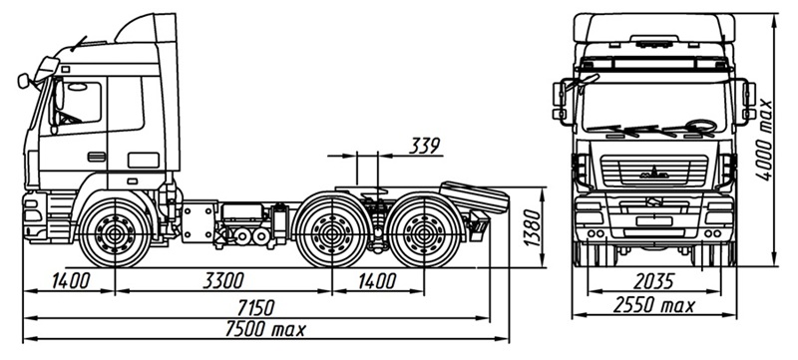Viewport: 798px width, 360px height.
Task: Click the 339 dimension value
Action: click(424, 146)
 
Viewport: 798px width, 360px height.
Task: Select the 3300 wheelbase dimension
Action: click(223, 280)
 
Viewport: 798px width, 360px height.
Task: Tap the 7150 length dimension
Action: click(256, 307)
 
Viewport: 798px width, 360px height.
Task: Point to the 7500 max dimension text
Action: click(265, 329)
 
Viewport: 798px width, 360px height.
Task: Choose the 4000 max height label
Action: click(763, 140)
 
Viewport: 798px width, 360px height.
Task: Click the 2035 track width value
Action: click(654, 281)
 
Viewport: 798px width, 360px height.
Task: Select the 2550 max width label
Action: click(654, 305)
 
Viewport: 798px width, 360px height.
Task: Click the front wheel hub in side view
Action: click(116, 233)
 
